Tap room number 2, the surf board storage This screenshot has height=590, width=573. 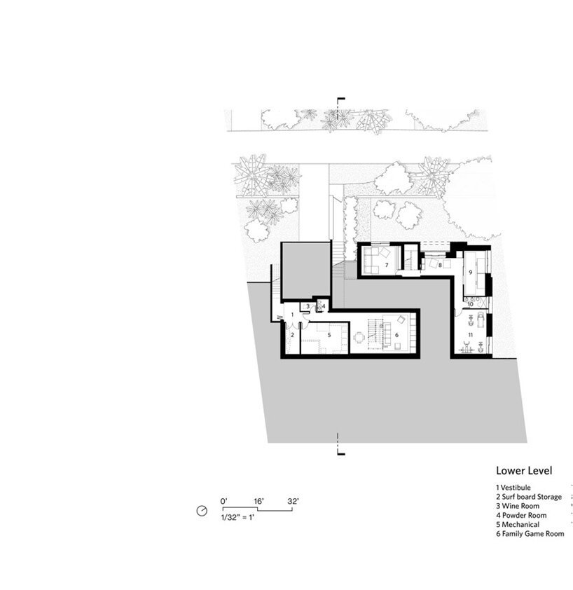pos(292,335)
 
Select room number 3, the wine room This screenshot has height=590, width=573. pos(308,306)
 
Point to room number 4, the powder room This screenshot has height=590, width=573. pos(323,306)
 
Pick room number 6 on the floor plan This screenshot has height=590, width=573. pos(396,335)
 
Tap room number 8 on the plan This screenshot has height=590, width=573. pos(440,266)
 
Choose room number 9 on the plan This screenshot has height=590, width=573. pos(471,271)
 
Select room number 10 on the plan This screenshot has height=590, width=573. pos(471,303)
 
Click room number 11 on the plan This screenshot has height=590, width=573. pos(471,335)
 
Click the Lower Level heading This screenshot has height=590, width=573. pos(524,471)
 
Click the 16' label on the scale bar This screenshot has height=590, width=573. pos(258,501)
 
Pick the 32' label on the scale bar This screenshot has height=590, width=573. pos(293,501)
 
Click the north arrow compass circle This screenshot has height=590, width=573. pos(202,512)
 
